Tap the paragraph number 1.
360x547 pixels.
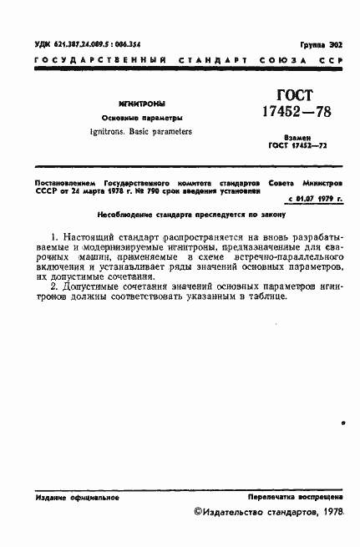point(53,238)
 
